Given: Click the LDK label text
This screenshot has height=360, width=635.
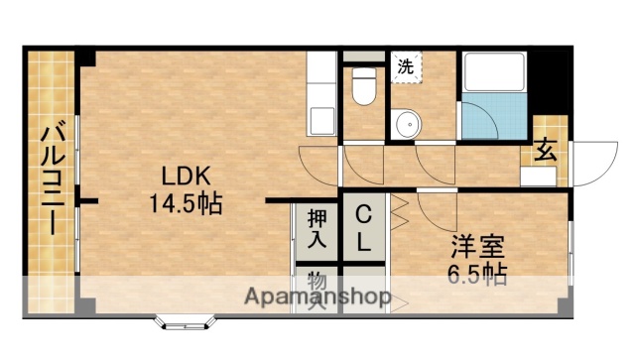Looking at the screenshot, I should (186, 178).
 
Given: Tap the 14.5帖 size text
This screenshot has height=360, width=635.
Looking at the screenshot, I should (186, 205).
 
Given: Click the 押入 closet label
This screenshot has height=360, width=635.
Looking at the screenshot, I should (317, 228).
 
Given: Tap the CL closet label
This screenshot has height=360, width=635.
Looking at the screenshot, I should (364, 228).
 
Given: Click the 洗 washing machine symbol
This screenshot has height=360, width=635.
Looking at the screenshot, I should (406, 67).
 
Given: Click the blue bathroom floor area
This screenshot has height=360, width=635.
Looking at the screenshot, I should (493, 120).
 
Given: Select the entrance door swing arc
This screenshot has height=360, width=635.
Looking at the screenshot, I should (593, 164).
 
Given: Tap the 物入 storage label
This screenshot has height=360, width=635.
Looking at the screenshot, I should (317, 288).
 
